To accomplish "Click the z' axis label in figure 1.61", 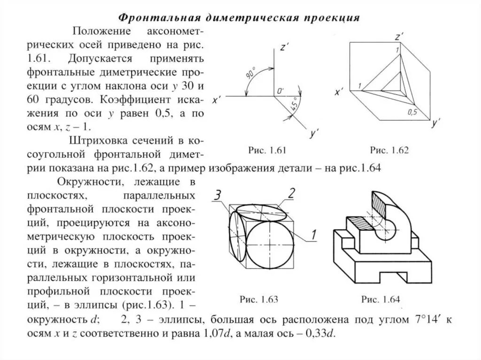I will point(283,47).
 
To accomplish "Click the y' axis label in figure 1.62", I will point(435,124).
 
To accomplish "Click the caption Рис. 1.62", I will point(389,150).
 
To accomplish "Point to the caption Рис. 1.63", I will point(259,299).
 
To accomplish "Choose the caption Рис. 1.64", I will point(383,299).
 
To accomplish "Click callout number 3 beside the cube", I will point(217,195).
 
